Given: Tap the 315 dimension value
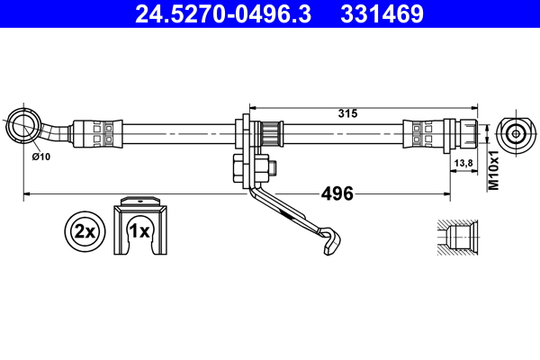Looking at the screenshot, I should tap(347, 113).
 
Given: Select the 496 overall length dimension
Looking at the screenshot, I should tap(337, 193).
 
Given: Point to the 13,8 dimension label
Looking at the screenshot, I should tap(463, 163).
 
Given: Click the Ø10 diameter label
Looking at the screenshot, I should tap(40, 157).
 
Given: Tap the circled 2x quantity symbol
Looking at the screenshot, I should tap(85, 231).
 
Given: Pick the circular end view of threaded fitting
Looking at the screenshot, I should tap(515, 134).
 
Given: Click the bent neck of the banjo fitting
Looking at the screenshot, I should tap(59, 130).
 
